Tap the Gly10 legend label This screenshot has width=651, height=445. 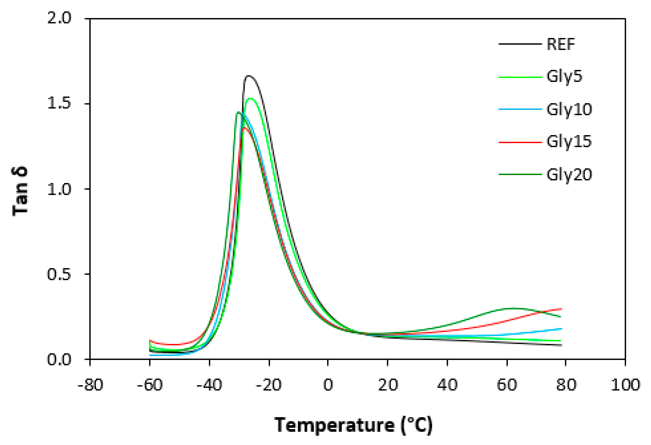pyautogui.click(x=569, y=110)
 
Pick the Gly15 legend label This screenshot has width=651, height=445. pyautogui.click(x=569, y=142)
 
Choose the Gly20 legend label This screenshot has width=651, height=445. pyautogui.click(x=569, y=175)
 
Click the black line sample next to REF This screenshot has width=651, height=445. pyautogui.click(x=520, y=44)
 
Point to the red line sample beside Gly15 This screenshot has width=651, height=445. pyautogui.click(x=520, y=142)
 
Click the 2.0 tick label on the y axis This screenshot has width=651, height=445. pyautogui.click(x=59, y=19)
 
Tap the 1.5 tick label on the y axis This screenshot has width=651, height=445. pyautogui.click(x=59, y=104)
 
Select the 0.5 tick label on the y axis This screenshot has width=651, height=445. pyautogui.click(x=59, y=274)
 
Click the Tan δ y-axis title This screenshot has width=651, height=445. pyautogui.click(x=20, y=191)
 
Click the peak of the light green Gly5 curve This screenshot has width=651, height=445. pyautogui.click(x=250, y=98)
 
